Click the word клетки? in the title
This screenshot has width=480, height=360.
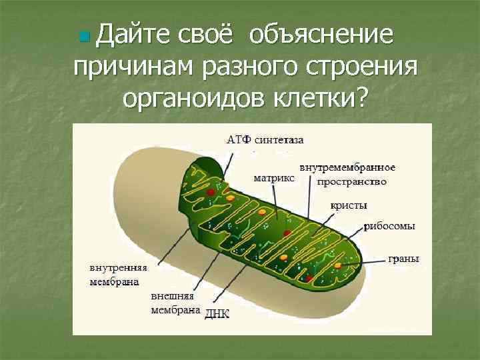(321, 99)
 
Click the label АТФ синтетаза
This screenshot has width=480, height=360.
(265, 140)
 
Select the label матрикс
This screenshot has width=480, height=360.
(273, 178)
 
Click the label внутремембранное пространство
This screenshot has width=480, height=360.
(347, 173)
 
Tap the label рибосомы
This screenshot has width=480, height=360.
(389, 226)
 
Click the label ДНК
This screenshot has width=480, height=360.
(217, 313)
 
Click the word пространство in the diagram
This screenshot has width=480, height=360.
(351, 181)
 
